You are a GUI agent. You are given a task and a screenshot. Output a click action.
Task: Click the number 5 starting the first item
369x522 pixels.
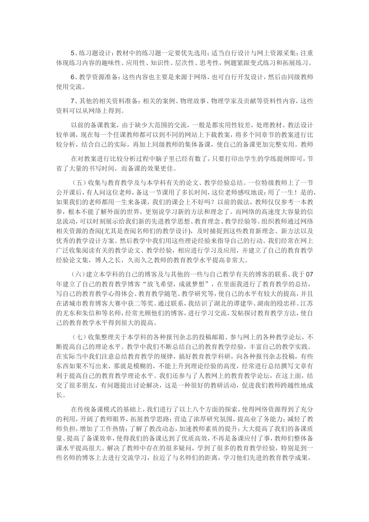[73, 53]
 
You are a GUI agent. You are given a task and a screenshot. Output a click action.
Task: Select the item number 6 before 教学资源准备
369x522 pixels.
[73, 77]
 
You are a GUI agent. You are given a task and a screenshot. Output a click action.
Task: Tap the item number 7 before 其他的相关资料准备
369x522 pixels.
[73, 101]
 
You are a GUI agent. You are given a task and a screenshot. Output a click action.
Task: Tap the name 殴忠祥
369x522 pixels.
[281, 303]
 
